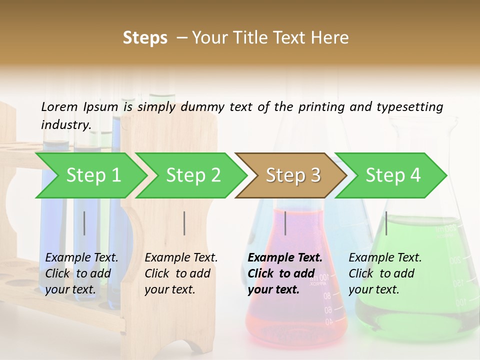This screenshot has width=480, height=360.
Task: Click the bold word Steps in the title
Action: point(145,38)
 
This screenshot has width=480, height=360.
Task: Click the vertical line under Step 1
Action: point(84,223)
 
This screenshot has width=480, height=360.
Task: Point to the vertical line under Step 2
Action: point(184,223)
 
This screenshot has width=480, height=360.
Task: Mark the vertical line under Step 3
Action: point(285,223)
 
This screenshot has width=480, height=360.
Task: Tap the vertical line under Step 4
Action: point(386,223)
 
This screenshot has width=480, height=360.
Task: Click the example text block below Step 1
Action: point(81,273)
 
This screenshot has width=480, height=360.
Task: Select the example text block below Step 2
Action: point(181,273)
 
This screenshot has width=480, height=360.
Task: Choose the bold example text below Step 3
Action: point(285,273)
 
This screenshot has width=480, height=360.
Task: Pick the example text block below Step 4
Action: point(385,273)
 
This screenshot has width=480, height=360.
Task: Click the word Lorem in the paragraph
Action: point(59,106)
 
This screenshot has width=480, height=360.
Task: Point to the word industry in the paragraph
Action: point(65,124)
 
